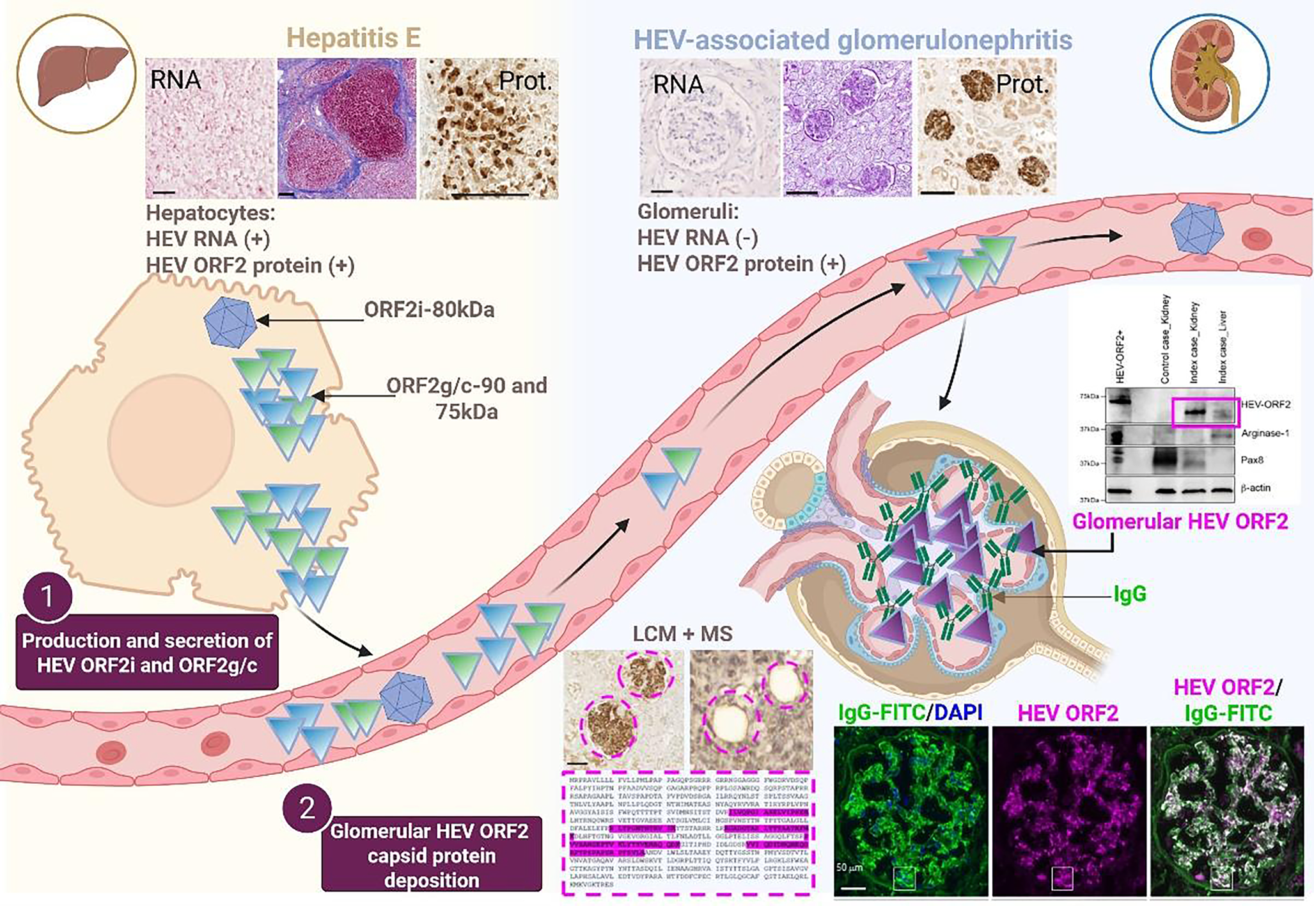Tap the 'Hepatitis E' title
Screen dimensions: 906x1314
[x=353, y=38]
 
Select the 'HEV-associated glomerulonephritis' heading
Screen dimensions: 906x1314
[x=852, y=40]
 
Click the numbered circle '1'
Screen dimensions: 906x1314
[x=47, y=596]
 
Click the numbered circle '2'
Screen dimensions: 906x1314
[x=307, y=807]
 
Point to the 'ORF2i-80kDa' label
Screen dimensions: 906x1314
[x=429, y=310]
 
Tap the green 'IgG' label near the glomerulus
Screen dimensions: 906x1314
[x=1130, y=594]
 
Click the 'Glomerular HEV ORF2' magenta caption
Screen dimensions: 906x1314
[x=1180, y=521]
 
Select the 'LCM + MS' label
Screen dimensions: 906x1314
[x=682, y=633]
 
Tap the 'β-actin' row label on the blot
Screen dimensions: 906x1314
[x=1255, y=488]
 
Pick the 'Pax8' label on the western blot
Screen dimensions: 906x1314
[x=1252, y=460]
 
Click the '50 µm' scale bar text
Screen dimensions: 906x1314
[x=850, y=868]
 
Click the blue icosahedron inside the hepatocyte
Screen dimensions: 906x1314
[x=230, y=322]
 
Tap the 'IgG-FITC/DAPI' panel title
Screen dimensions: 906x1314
[x=910, y=712]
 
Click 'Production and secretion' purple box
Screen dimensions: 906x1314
[x=147, y=653]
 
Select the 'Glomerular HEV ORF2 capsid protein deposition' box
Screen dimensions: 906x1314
[x=432, y=855]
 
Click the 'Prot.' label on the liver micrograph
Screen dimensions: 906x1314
[x=524, y=81]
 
